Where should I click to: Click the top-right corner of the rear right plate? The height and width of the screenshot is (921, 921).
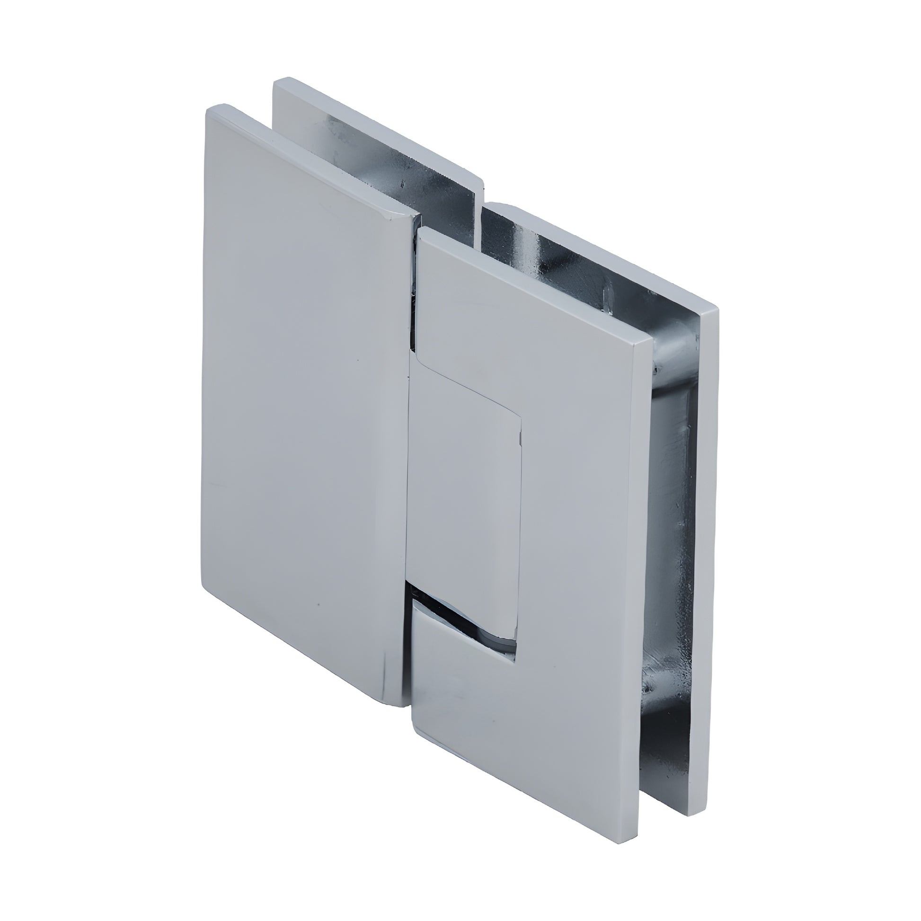pyautogui.click(x=718, y=310)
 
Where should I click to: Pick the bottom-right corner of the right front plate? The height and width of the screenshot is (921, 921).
pyautogui.click(x=637, y=837)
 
